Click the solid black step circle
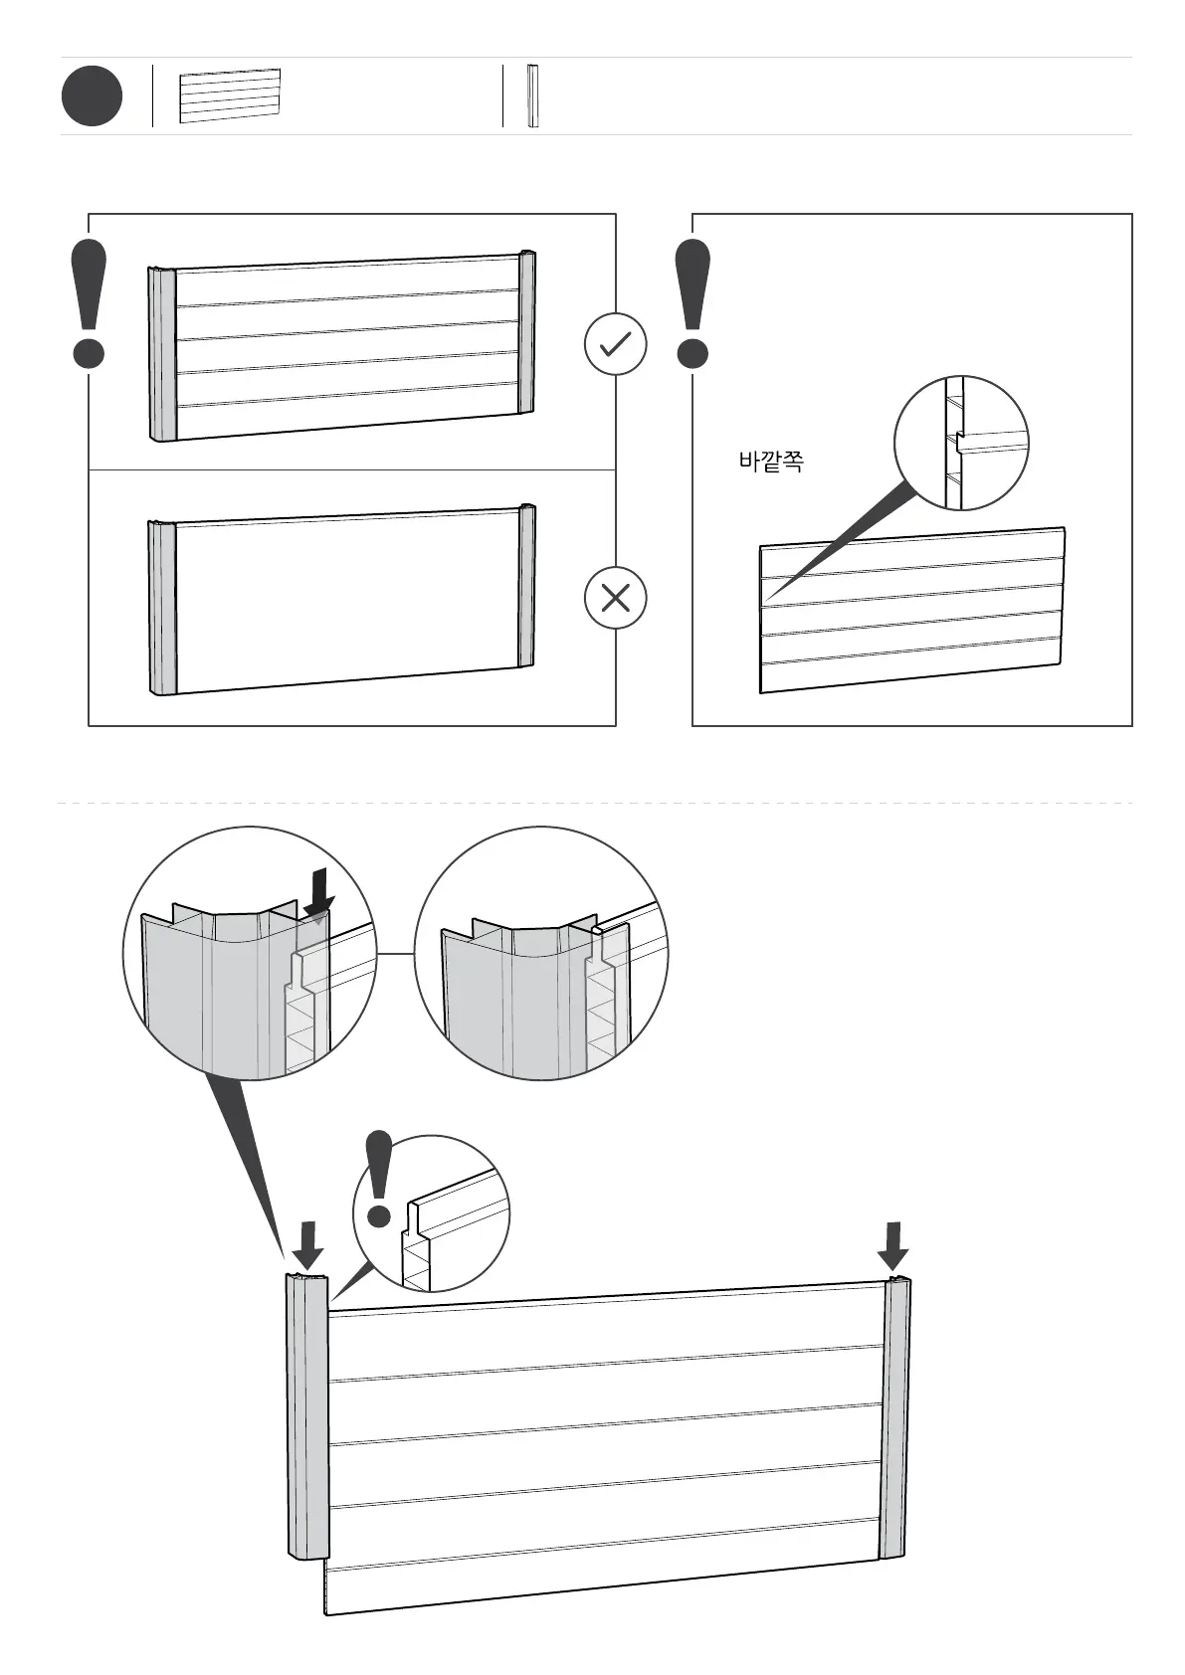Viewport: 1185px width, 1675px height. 92,96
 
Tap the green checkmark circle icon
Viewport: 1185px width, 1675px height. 615,344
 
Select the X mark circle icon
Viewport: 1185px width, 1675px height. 615,598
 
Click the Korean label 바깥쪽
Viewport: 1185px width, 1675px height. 770,462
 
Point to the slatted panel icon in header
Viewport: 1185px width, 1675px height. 230,95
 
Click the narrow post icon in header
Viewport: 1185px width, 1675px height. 532,96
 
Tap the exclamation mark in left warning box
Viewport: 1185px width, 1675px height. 89,303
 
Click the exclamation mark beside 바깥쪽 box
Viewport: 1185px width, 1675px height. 692,303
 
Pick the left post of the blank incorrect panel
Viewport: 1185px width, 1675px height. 162,606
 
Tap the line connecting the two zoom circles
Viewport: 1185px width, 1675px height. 395,953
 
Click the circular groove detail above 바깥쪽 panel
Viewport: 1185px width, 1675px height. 961,443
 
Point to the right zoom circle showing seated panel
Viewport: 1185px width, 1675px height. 540,953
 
